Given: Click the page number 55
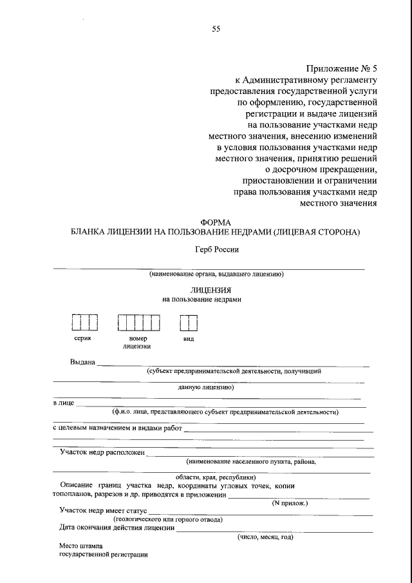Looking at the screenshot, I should coord(216,28).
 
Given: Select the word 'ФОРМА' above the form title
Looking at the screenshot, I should coord(216,222).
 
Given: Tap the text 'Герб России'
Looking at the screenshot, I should coord(216,249).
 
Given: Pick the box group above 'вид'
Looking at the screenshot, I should coord(188,321).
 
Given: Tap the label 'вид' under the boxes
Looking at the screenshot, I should coord(188,338).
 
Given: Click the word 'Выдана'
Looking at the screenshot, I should coord(83,362).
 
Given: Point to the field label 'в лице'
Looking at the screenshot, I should coord(63,403).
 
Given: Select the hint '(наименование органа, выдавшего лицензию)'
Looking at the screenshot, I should coord(216,274).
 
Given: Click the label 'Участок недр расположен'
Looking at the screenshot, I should coord(102,453).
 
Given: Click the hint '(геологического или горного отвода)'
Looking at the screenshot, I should coord(169,519).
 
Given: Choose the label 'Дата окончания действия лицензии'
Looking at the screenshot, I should coord(117,528).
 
